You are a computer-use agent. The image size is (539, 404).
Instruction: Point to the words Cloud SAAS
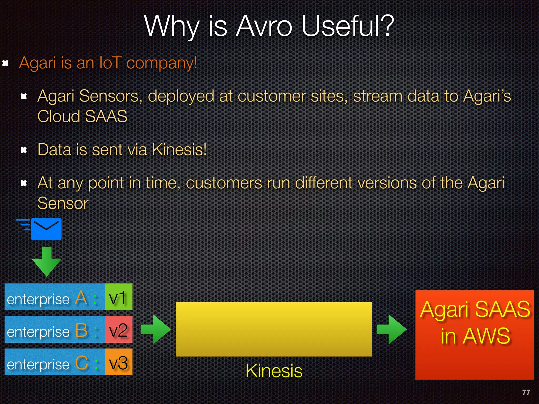point(82,116)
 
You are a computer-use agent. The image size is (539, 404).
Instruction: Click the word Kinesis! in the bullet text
point(179,150)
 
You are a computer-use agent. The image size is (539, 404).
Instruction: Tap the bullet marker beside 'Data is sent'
point(24,150)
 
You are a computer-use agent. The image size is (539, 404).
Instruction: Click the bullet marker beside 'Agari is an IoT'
point(5,63)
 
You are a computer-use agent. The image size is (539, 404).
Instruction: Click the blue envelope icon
point(46,229)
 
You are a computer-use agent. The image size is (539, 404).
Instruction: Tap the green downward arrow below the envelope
point(47,261)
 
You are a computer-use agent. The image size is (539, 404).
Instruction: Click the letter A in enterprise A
point(81,298)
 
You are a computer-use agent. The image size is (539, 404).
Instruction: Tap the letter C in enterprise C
point(81,363)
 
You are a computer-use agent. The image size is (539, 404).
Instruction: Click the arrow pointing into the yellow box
point(156,329)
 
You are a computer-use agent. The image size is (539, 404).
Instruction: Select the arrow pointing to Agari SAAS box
point(392,329)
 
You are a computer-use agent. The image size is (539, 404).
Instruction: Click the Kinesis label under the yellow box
point(274,371)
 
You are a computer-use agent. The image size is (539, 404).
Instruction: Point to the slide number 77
point(526,392)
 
